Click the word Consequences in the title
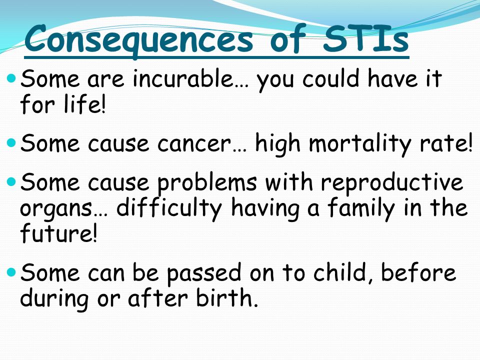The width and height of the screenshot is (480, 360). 138,40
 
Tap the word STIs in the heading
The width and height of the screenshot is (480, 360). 365,38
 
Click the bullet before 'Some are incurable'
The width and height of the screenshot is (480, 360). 11,78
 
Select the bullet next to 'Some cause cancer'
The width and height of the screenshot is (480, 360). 11,142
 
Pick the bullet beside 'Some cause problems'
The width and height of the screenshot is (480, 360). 11,182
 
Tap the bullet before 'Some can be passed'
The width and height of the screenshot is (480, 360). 11,271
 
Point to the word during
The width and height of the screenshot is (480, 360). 54,299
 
